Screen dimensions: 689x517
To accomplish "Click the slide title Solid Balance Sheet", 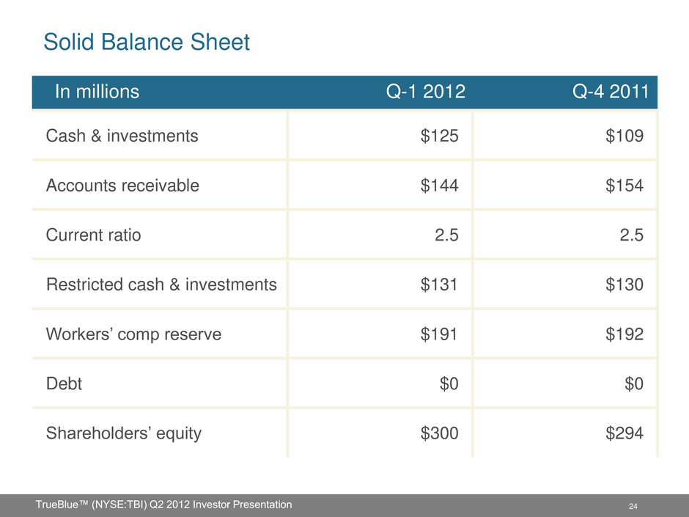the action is tap(147, 43).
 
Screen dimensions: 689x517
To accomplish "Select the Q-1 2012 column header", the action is tap(425, 92).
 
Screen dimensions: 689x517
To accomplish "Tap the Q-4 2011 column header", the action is tap(611, 92).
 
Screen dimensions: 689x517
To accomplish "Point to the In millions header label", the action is tap(97, 92).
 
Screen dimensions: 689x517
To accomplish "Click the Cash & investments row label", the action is tap(122, 136).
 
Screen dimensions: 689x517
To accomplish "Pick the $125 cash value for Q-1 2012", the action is tap(439, 136).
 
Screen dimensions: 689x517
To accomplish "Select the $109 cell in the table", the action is tap(624, 136).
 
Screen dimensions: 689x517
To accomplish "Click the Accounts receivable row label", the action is tap(122, 186).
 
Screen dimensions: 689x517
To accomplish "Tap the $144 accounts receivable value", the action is tap(439, 186).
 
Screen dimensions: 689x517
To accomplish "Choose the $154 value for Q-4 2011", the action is tap(624, 186).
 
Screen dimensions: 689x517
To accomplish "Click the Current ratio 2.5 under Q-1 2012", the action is tap(446, 235).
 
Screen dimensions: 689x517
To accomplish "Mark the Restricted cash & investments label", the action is tap(161, 285).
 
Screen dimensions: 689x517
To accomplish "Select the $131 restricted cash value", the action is tap(439, 285).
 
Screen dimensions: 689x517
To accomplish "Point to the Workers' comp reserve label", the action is tap(133, 334).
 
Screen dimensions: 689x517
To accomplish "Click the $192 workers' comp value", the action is tap(624, 334).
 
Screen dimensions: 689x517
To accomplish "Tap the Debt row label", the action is tap(65, 384).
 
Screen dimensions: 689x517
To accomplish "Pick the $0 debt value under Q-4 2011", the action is tap(634, 384).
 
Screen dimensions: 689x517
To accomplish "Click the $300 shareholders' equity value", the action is tap(439, 433).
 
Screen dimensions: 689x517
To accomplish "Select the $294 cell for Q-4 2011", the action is tap(624, 433).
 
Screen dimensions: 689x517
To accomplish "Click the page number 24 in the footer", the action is tap(633, 507).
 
